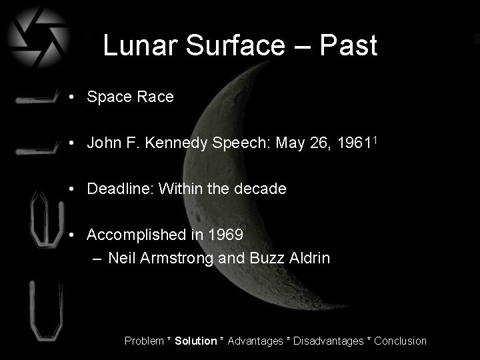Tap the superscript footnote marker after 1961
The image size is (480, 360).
(x=377, y=139)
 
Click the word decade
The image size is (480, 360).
(x=261, y=189)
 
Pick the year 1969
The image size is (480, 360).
(x=225, y=235)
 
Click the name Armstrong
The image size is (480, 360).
(x=177, y=257)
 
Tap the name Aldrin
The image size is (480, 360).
(x=307, y=257)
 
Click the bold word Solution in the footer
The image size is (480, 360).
(x=196, y=341)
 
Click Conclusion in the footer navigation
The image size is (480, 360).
(x=401, y=341)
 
